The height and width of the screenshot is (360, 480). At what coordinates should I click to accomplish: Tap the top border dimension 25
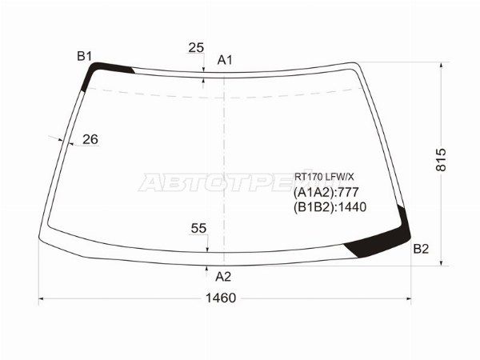tap(196, 48)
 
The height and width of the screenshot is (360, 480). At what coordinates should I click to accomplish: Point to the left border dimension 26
tap(90, 139)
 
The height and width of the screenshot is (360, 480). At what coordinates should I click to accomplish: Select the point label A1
tap(225, 60)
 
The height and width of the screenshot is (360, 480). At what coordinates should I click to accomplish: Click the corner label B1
tap(84, 55)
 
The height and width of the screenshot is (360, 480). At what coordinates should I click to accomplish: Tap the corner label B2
tap(421, 249)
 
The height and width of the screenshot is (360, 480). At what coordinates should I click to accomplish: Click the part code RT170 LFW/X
tap(322, 177)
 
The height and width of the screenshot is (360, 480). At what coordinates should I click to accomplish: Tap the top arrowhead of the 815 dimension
tap(440, 65)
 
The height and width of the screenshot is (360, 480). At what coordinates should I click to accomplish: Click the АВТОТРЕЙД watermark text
tap(216, 183)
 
